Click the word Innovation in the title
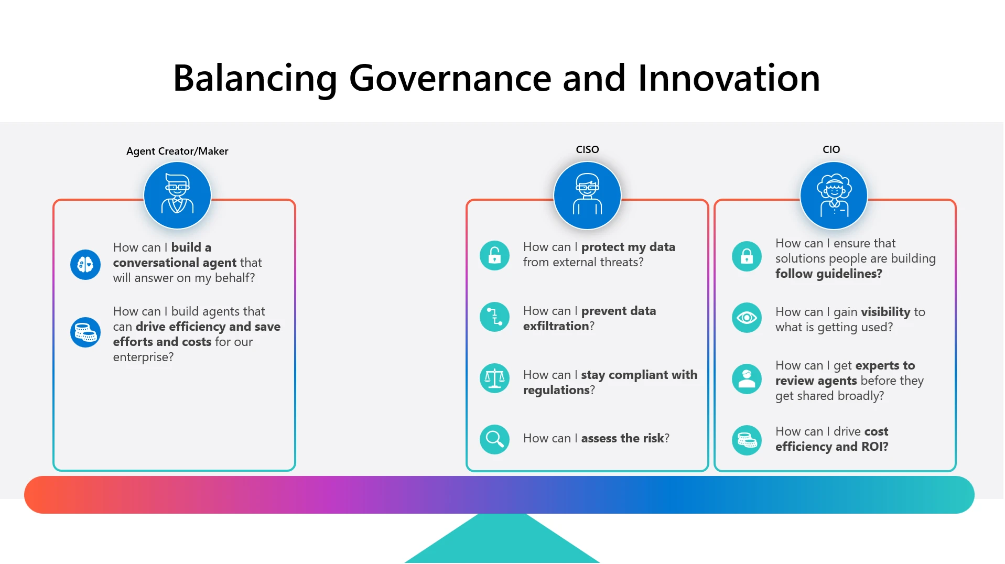(x=729, y=79)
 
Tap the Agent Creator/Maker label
(x=177, y=151)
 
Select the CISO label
(x=587, y=150)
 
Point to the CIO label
(x=831, y=150)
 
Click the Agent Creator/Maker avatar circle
(x=177, y=196)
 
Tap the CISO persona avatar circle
(x=587, y=196)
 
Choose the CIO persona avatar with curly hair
(x=834, y=196)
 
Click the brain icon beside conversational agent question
(x=85, y=264)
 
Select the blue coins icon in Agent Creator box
(x=85, y=332)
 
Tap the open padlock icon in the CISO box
(x=494, y=256)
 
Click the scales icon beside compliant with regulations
(x=494, y=378)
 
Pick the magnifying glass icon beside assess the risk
(x=494, y=439)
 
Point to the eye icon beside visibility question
(x=747, y=318)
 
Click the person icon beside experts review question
(x=747, y=379)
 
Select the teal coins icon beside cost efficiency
(x=747, y=440)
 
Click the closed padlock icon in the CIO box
(x=747, y=256)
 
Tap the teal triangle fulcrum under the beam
(x=502, y=543)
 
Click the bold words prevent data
(x=618, y=311)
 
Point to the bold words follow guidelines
(x=828, y=274)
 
